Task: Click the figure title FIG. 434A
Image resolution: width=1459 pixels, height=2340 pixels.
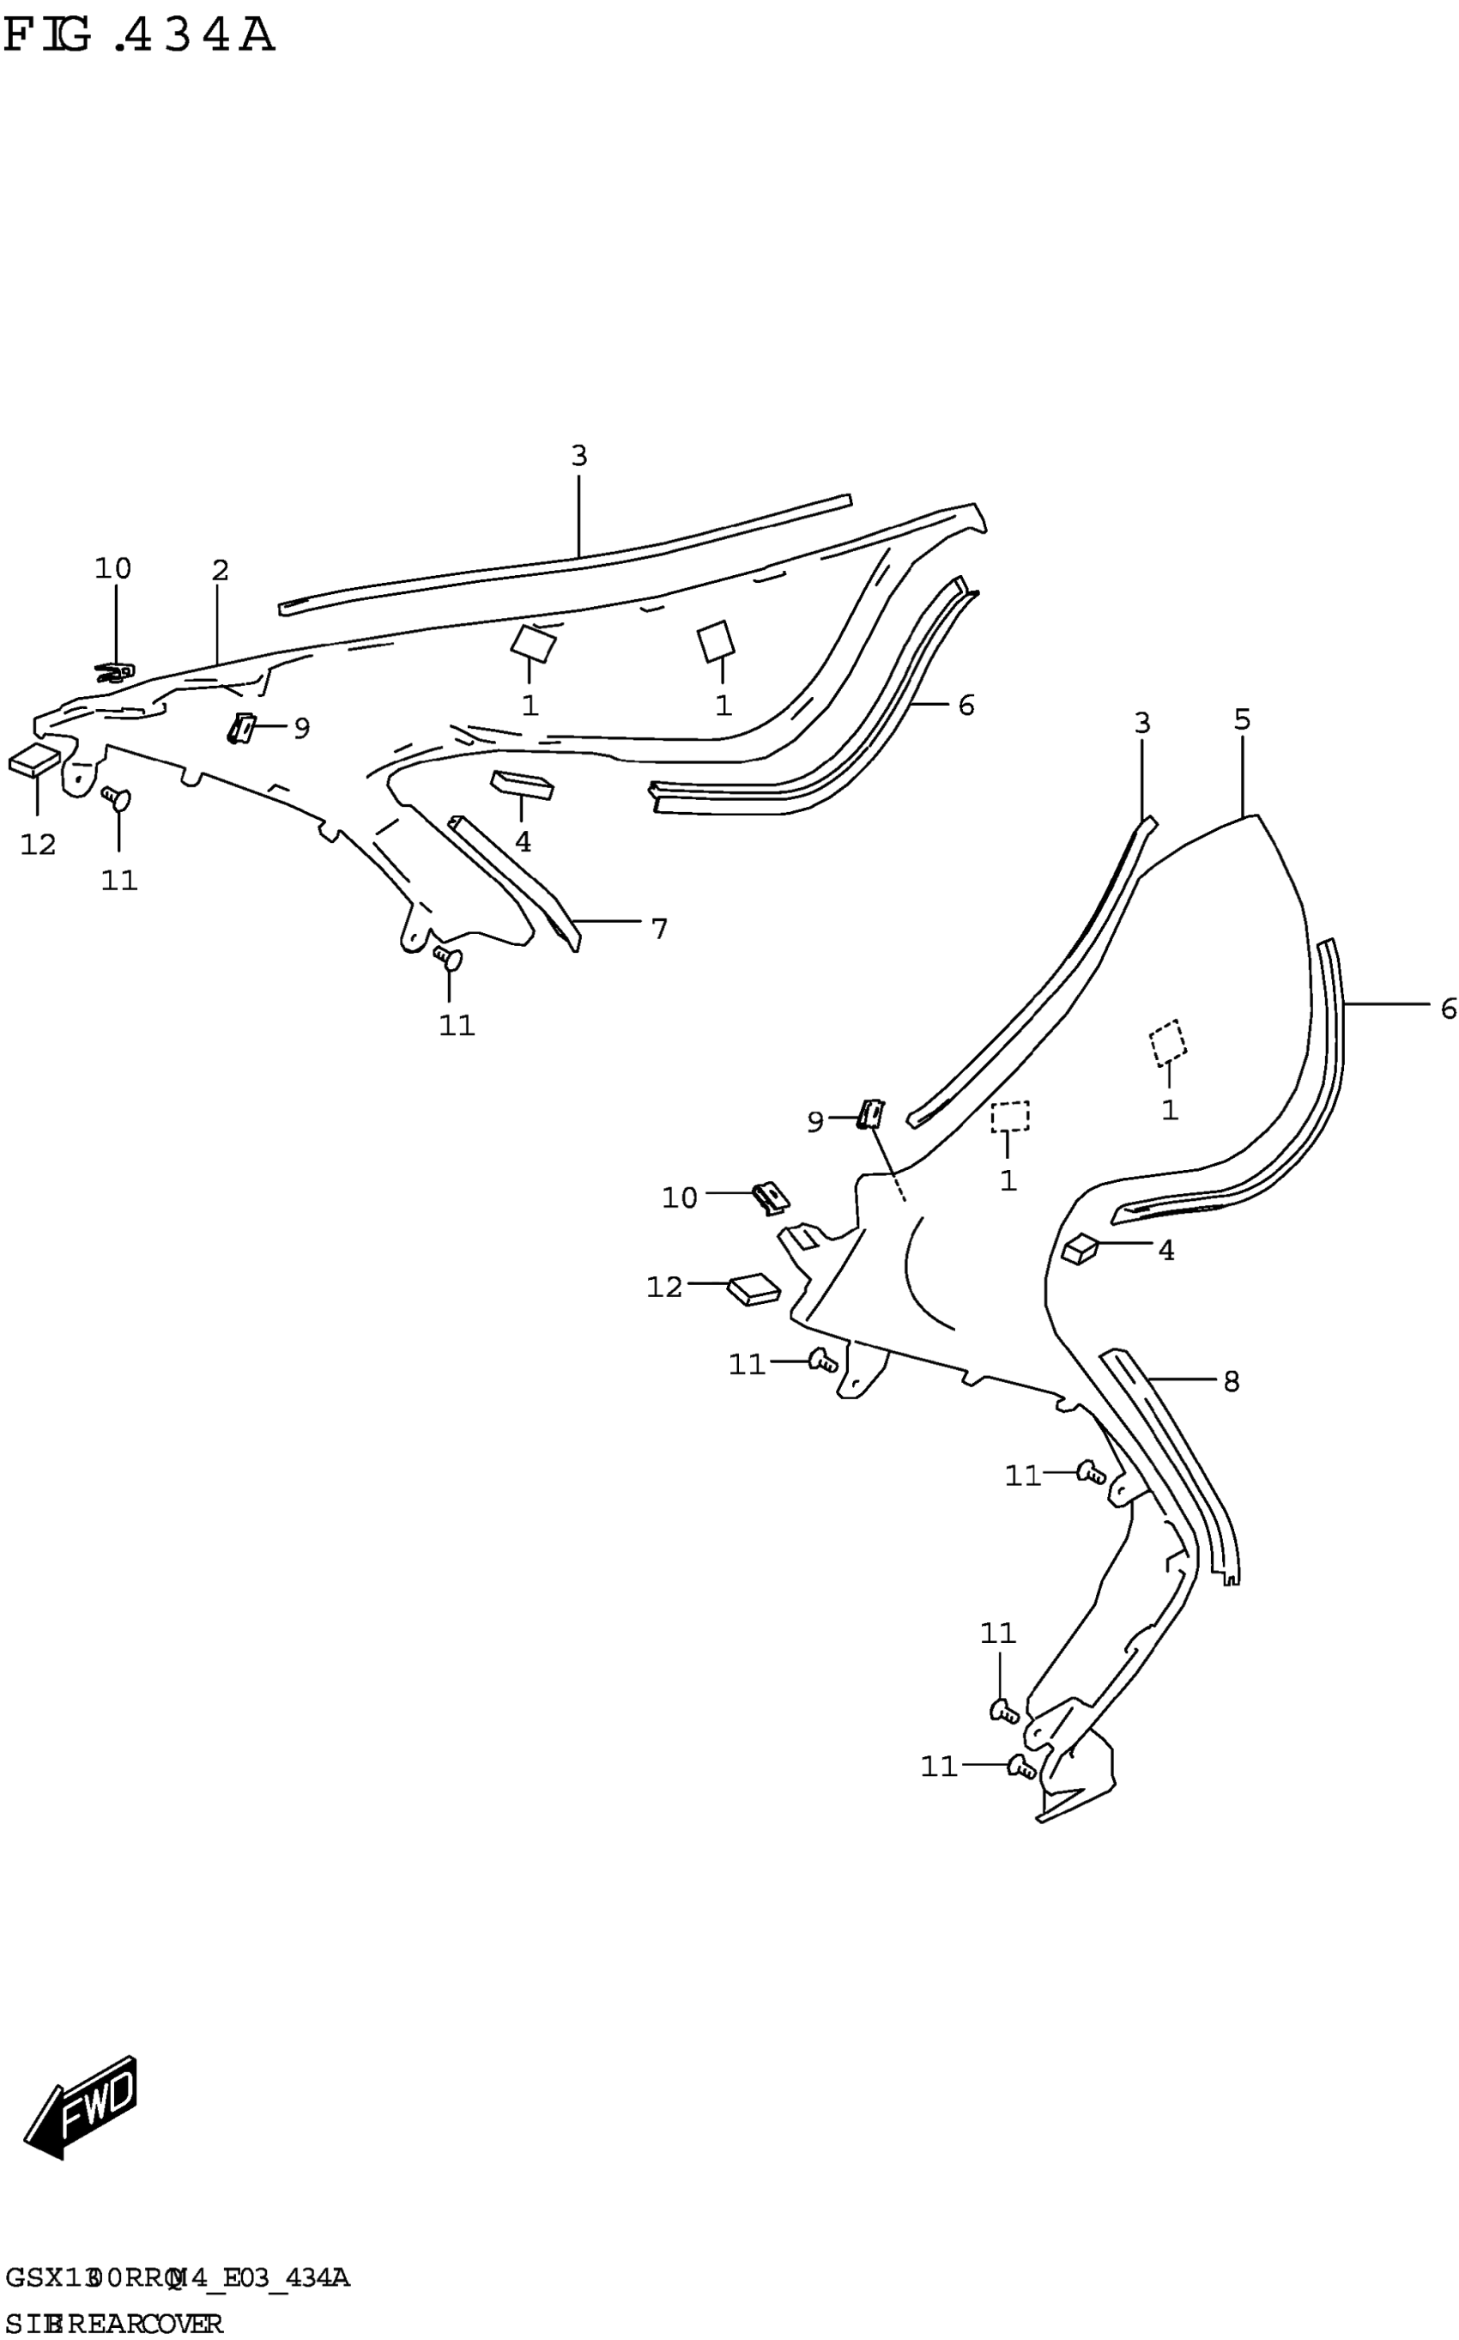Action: tap(139, 37)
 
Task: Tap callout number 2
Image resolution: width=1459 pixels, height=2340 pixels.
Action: tap(220, 571)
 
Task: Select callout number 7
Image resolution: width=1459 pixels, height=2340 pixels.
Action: tap(659, 930)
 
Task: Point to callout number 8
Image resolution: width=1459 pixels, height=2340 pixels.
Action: tap(1232, 1382)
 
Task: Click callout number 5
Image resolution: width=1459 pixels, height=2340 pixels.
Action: tap(1242, 720)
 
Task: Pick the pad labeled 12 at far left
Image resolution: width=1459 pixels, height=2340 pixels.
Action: tap(34, 761)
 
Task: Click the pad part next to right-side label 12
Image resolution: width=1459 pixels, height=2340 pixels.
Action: tap(754, 1290)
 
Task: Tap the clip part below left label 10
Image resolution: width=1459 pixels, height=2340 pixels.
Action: tap(115, 673)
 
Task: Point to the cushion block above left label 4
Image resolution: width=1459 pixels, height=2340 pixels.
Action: tap(523, 785)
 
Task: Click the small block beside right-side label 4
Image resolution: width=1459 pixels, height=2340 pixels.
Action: tap(1080, 1250)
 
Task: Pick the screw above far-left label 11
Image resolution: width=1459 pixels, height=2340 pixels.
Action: tap(117, 798)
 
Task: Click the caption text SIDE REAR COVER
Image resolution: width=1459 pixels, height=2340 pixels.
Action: tap(114, 2325)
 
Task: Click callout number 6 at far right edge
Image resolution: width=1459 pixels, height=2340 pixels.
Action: tap(1448, 1009)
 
